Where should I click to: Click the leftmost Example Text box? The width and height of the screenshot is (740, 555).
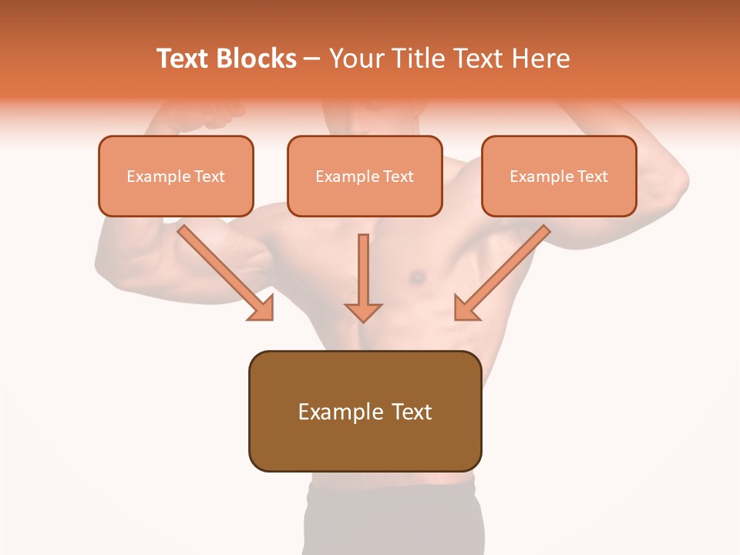pyautogui.click(x=176, y=177)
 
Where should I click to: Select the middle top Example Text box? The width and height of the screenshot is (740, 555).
pyautogui.click(x=365, y=177)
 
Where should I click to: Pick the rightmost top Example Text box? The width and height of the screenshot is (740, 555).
pyautogui.click(x=559, y=177)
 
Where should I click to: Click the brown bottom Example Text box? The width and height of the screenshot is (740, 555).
pyautogui.click(x=365, y=412)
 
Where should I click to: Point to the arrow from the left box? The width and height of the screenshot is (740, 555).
pyautogui.click(x=224, y=271)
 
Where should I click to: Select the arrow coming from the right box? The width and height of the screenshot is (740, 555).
pyautogui.click(x=504, y=271)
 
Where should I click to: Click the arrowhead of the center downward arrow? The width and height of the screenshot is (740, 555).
pyautogui.click(x=363, y=311)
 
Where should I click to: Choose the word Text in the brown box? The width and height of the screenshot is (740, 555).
pyautogui.click(x=412, y=412)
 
